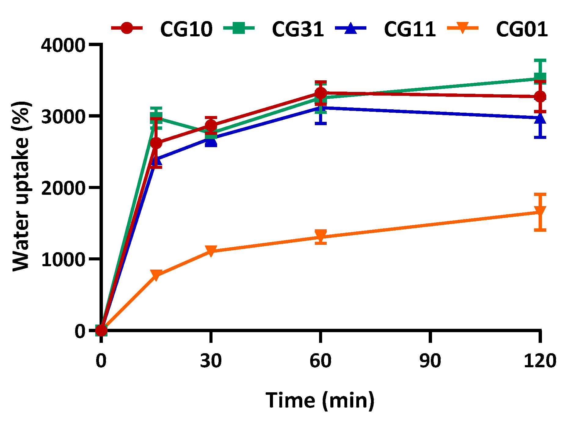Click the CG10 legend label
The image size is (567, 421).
click(186, 30)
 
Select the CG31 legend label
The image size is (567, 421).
click(298, 30)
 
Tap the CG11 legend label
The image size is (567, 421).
click(409, 30)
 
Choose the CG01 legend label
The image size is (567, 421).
click(522, 30)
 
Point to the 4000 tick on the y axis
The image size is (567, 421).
click(63, 45)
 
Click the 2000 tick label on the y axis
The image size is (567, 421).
click(63, 188)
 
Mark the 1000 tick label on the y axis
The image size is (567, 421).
click(63, 259)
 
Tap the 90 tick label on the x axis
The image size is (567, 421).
click(430, 361)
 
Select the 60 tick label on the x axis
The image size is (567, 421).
click(320, 361)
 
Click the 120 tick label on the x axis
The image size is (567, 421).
click(540, 361)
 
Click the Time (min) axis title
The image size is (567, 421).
click(320, 400)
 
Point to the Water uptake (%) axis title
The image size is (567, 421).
click(21, 186)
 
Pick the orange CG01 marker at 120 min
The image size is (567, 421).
click(540, 211)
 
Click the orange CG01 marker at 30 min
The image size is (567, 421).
click(211, 251)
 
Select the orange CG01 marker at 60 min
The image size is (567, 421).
click(321, 235)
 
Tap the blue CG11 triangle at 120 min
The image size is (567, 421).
click(540, 119)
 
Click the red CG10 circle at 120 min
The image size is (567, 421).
click(540, 97)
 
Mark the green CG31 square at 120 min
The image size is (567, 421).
click(540, 78)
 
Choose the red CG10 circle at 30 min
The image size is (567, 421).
click(211, 125)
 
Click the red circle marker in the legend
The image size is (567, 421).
click(127, 28)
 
